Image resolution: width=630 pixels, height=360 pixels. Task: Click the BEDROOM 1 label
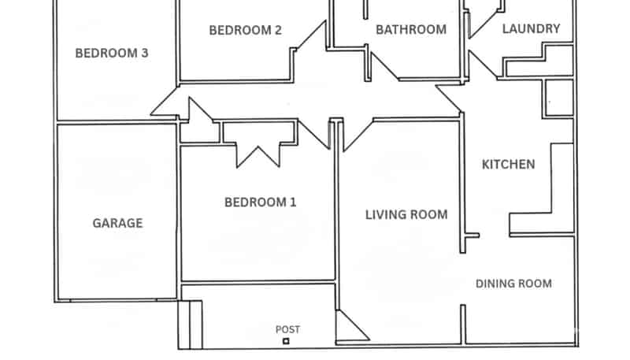pyautogui.click(x=261, y=202)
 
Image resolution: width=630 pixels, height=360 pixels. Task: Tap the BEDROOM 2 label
pyautogui.click(x=245, y=31)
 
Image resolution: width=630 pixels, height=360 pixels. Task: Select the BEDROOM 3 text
pyautogui.click(x=112, y=54)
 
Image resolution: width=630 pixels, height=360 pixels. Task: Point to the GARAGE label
pyautogui.click(x=118, y=223)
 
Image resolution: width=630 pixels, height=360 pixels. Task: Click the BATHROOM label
pyautogui.click(x=410, y=30)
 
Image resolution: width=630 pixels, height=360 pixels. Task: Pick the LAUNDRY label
pyautogui.click(x=531, y=29)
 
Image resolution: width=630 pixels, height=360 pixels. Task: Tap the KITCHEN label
pyautogui.click(x=509, y=165)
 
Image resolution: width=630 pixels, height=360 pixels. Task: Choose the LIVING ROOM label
pyautogui.click(x=406, y=214)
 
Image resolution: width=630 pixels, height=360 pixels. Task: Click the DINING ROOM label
pyautogui.click(x=513, y=284)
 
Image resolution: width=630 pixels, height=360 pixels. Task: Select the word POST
pyautogui.click(x=287, y=329)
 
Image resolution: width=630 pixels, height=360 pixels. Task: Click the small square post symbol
pyautogui.click(x=286, y=341)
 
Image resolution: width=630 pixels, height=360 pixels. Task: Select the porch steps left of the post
pyautogui.click(x=191, y=323)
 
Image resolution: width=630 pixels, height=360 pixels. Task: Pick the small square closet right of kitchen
pyautogui.click(x=558, y=97)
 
